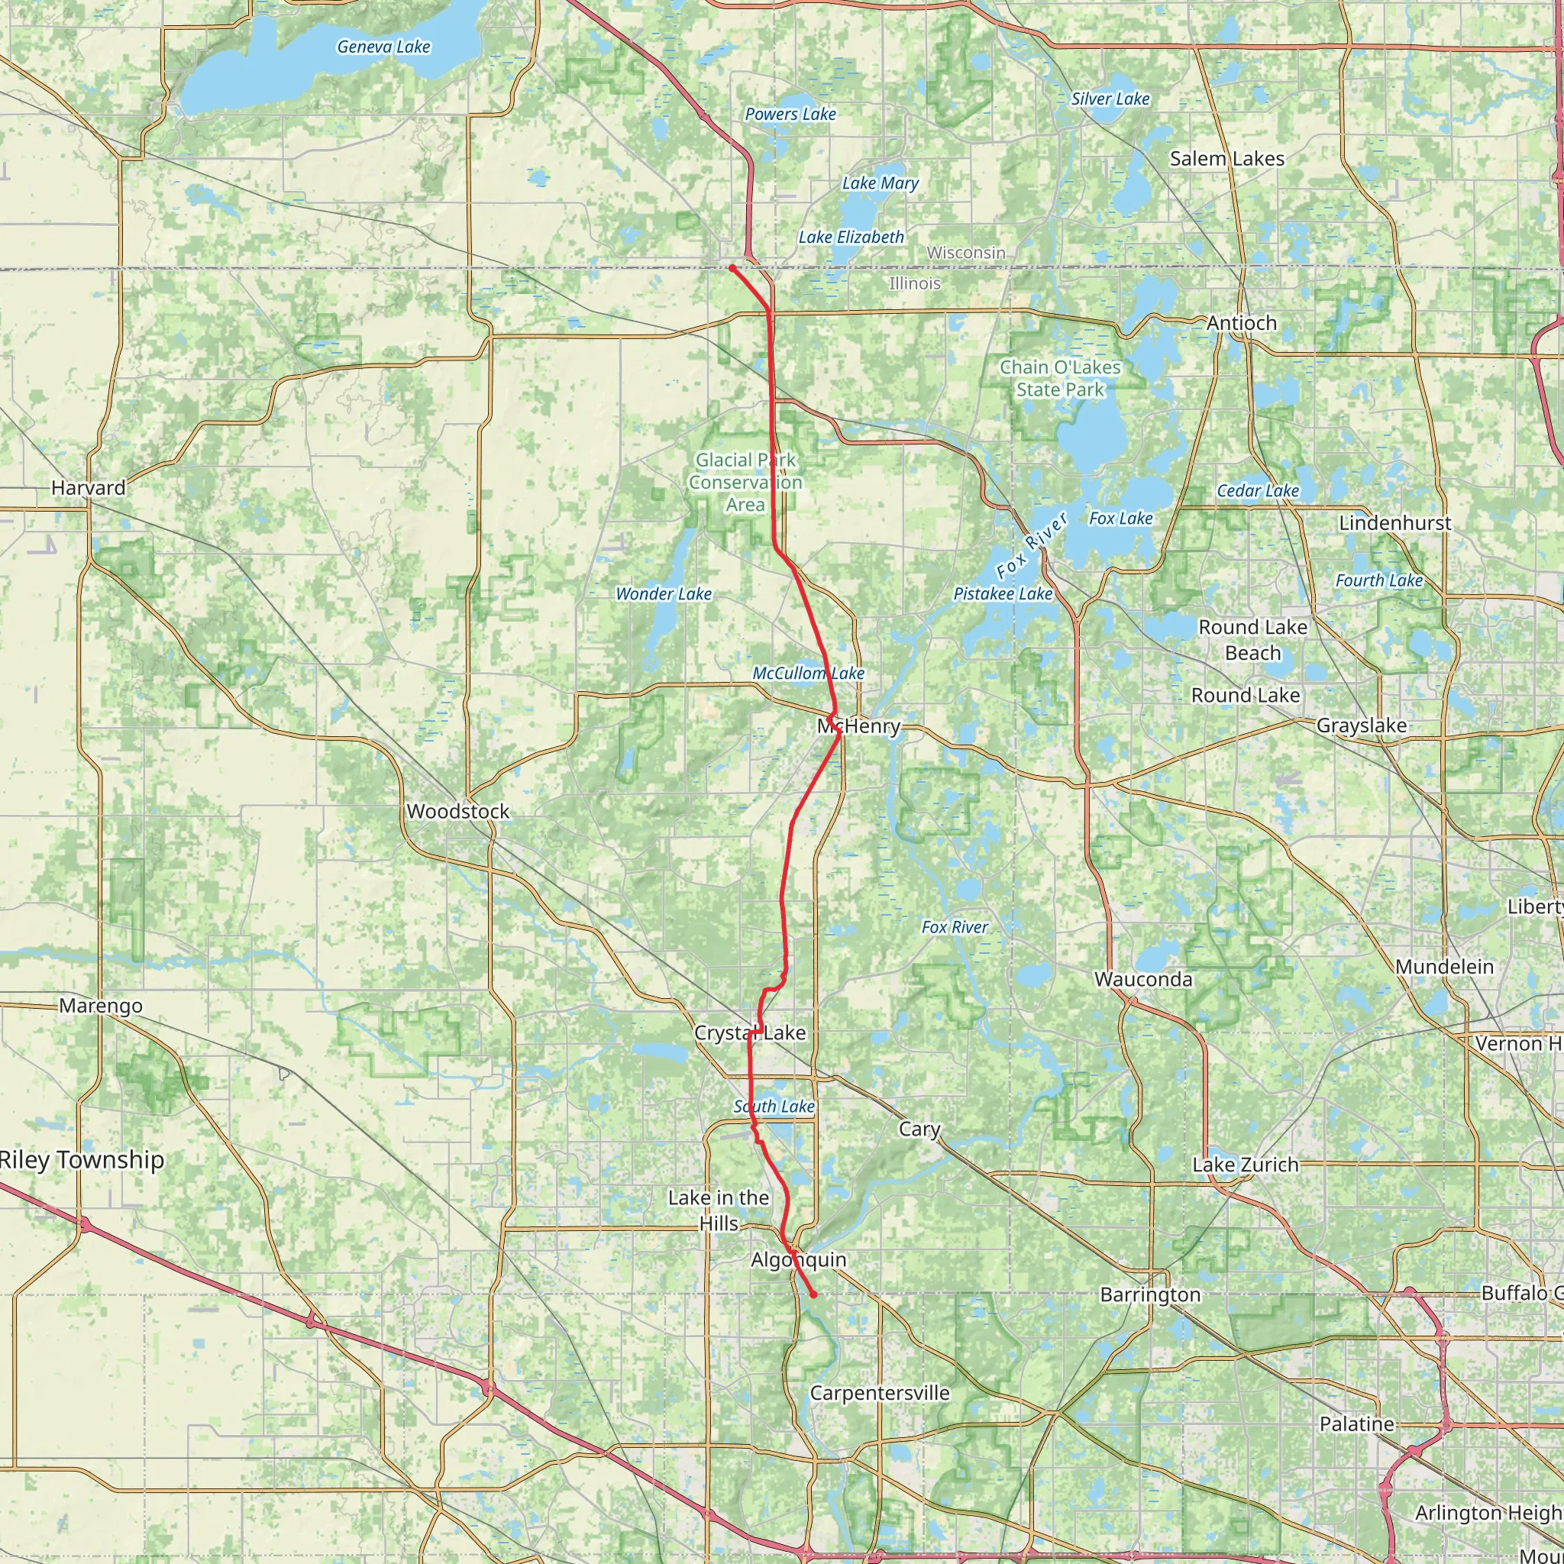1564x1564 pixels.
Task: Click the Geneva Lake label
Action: click(383, 47)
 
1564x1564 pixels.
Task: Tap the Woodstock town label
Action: click(458, 811)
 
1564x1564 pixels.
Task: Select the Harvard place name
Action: click(89, 487)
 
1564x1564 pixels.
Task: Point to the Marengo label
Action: click(100, 1006)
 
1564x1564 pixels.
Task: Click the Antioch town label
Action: click(1241, 323)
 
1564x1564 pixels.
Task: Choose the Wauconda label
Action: click(1143, 980)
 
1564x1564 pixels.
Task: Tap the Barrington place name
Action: click(1149, 1294)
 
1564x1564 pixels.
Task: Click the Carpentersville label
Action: click(879, 1392)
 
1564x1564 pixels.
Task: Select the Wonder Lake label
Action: click(664, 594)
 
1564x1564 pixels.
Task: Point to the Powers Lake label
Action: click(790, 114)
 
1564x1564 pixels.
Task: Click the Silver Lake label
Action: click(1110, 99)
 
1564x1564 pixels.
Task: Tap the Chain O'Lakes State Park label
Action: click(1060, 378)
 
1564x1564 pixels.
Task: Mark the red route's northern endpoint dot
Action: click(732, 267)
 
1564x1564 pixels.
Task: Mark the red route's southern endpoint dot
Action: click(813, 1295)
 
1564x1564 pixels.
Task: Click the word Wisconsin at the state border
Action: click(966, 253)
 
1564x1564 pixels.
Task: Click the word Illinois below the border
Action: click(915, 283)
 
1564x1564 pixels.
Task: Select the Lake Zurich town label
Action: click(1245, 1165)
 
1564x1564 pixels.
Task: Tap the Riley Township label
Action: click(82, 1159)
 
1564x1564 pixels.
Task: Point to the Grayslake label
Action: click(1362, 725)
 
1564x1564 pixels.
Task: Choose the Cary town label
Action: click(919, 1129)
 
